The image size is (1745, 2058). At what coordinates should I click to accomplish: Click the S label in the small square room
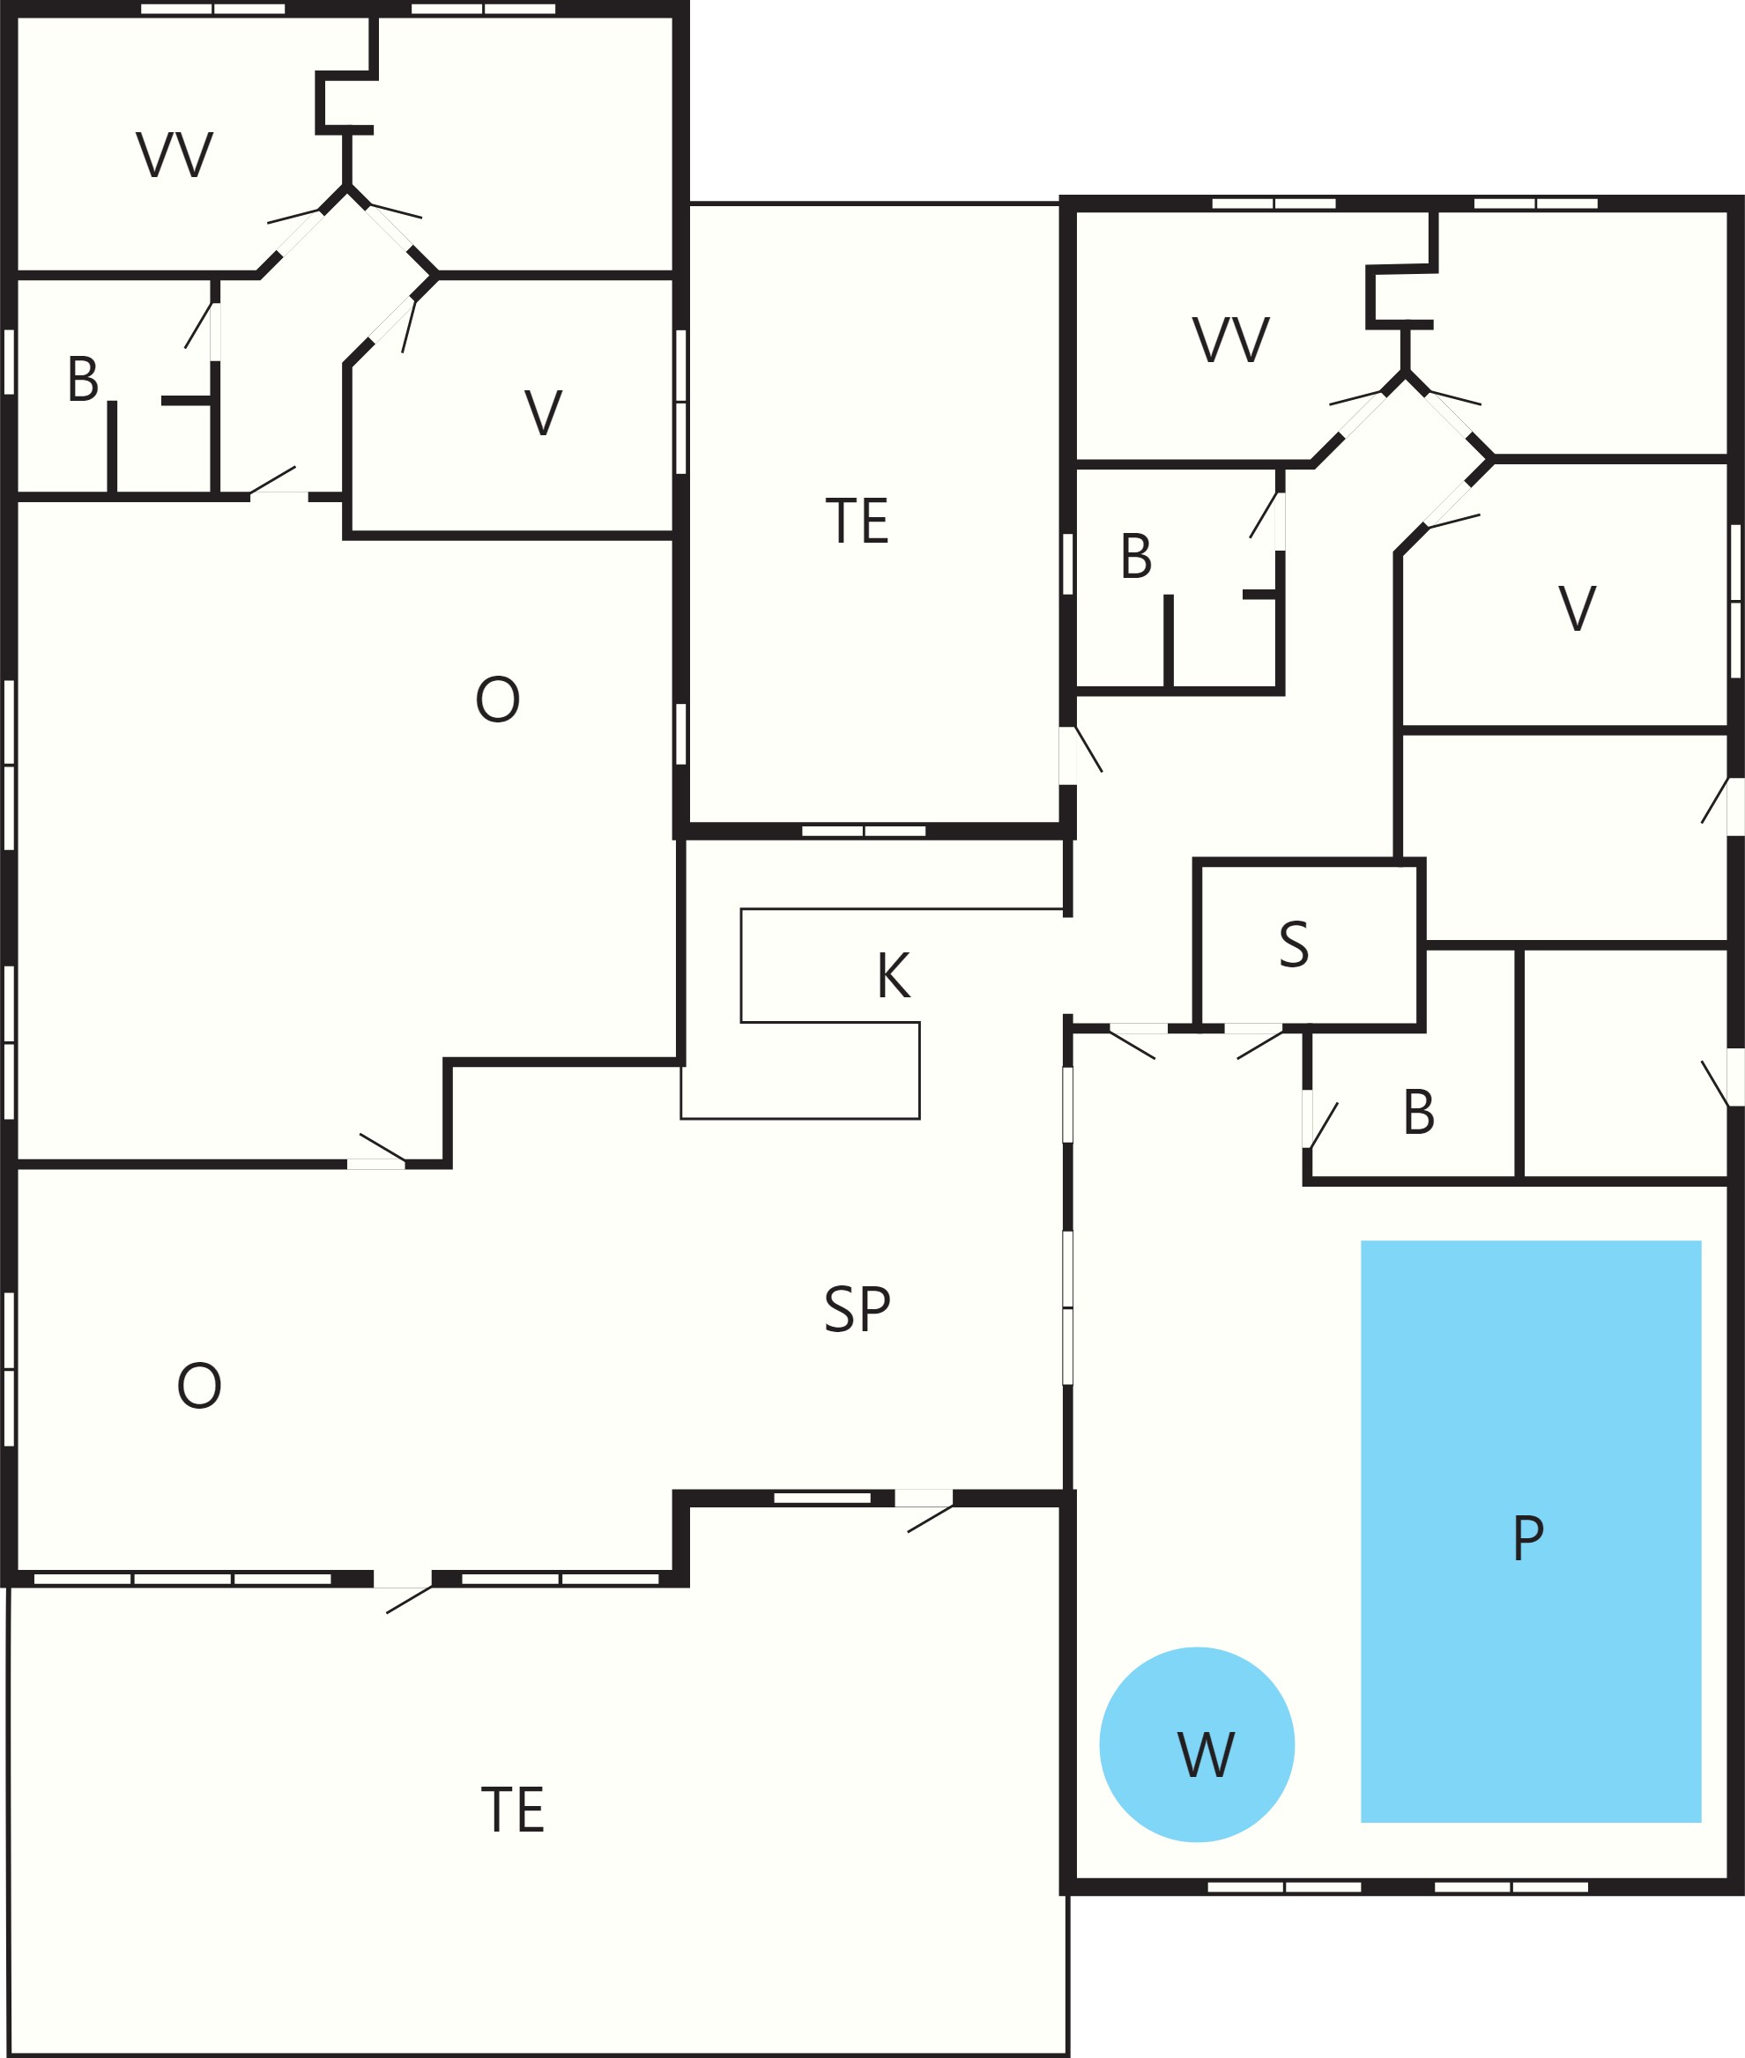(x=1294, y=944)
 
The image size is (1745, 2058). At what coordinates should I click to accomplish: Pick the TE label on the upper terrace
(x=857, y=522)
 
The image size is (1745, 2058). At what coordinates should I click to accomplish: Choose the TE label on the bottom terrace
(x=512, y=1810)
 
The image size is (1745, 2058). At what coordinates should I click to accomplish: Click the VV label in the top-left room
(x=174, y=154)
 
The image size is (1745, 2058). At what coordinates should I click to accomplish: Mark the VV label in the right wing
(x=1230, y=339)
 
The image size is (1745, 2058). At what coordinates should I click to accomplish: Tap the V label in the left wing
(x=543, y=412)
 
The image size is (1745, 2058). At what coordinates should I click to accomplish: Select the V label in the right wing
(x=1577, y=607)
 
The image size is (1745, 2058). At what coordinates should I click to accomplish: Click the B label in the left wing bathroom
(x=83, y=379)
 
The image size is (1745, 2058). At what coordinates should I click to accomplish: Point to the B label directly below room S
(x=1419, y=1112)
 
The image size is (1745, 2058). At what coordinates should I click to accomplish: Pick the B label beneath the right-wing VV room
(x=1136, y=556)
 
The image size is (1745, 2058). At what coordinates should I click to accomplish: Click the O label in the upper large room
(x=498, y=700)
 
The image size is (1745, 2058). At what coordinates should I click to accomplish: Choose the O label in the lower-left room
(x=199, y=1385)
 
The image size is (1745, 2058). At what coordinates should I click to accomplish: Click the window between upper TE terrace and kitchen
(x=864, y=831)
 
